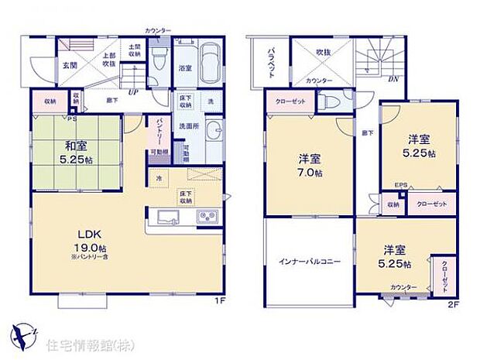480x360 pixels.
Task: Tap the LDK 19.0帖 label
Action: (84, 242)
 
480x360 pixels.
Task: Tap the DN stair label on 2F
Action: (393, 78)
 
